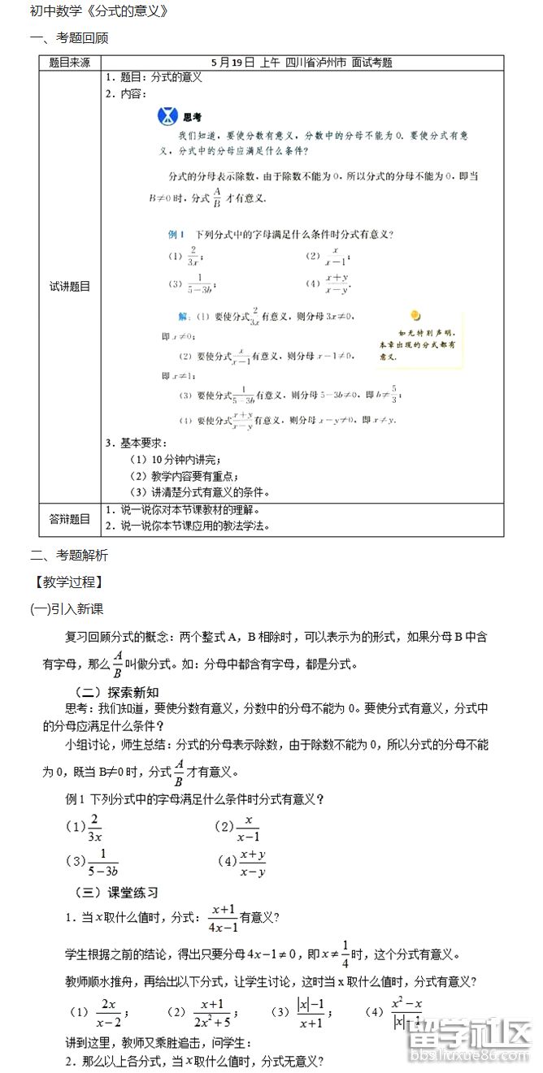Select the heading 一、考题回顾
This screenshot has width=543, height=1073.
pyautogui.click(x=69, y=38)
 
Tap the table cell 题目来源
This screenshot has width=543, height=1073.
pyautogui.click(x=70, y=63)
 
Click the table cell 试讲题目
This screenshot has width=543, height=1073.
pyautogui.click(x=70, y=286)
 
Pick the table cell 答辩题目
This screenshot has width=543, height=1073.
pyautogui.click(x=70, y=519)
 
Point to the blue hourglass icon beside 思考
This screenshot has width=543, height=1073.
pyautogui.click(x=167, y=115)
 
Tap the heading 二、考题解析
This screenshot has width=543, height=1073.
pyautogui.click(x=69, y=556)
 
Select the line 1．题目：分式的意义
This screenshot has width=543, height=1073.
pyautogui.click(x=154, y=78)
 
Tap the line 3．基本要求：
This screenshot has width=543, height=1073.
pyautogui.click(x=137, y=443)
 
